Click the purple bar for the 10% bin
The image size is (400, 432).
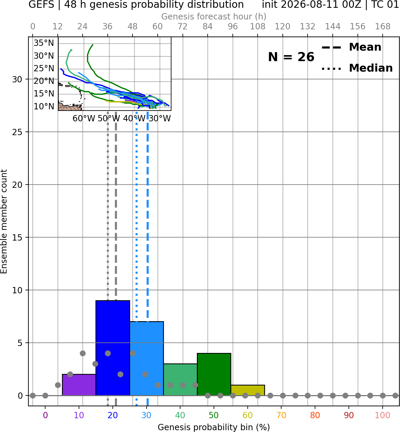pos(79,385)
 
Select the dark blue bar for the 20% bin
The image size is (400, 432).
pos(113,348)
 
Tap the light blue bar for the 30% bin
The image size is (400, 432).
pos(147,359)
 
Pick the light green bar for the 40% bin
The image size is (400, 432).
pos(180,380)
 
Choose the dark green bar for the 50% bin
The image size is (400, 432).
pos(214,374)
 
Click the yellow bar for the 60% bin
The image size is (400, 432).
pos(248,390)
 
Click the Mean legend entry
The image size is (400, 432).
pos(351,47)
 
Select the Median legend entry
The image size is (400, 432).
pos(357,68)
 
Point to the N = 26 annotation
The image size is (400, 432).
pos(291,57)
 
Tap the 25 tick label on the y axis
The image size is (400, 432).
pos(17,132)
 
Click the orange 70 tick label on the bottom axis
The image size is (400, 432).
pos(281,415)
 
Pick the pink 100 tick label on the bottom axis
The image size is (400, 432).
pos(383,415)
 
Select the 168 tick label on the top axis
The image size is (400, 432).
pos(383,27)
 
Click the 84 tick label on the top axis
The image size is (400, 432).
pos(208,27)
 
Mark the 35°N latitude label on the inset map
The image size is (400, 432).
pos(44,43)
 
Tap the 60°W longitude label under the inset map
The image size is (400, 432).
pos(84,119)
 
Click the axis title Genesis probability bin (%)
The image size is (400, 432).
pos(214,427)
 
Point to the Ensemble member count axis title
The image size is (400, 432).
pos(4,221)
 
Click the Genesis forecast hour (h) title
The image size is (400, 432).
pos(214,16)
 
